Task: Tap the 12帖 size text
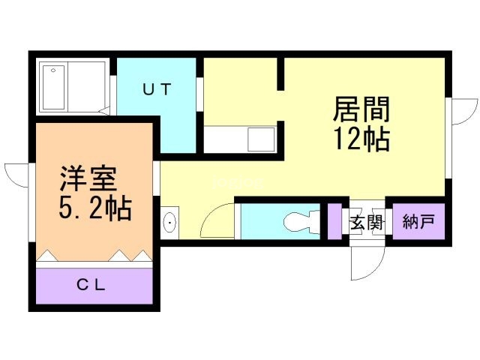(361, 138)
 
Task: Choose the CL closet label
(93, 285)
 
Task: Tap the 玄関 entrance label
(366, 222)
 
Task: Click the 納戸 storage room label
(418, 222)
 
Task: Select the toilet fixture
(301, 222)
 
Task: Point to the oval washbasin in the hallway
(170, 223)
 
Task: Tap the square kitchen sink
(262, 139)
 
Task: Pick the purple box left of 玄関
(334, 222)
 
